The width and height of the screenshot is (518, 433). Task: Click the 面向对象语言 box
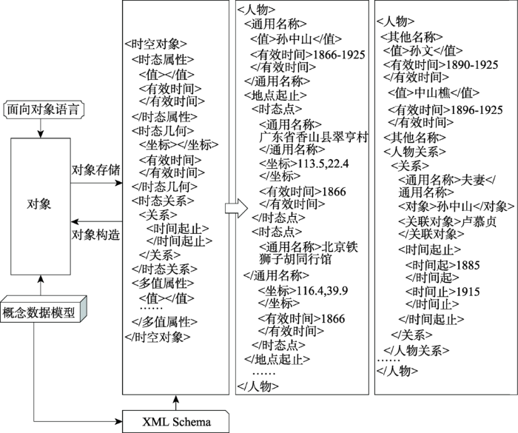(x=44, y=110)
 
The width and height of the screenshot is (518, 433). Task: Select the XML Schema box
(x=176, y=421)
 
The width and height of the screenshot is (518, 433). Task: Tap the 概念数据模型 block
(x=43, y=309)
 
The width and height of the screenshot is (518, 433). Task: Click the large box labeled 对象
(x=41, y=207)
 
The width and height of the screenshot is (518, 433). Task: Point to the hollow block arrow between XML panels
(x=237, y=209)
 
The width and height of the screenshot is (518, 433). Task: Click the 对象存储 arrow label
(x=95, y=170)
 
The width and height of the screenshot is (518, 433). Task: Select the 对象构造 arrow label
(x=95, y=235)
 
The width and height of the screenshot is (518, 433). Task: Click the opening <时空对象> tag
(x=156, y=44)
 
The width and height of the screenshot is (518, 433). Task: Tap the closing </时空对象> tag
(x=158, y=337)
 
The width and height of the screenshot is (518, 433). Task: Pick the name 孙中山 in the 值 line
(x=295, y=39)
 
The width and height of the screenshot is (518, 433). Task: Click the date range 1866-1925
(x=339, y=55)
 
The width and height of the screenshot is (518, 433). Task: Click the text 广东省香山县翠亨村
(x=314, y=137)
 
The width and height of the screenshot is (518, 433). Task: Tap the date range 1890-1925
(x=472, y=65)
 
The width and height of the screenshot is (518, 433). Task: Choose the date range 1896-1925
(x=477, y=110)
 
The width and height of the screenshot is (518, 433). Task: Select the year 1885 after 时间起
(x=468, y=265)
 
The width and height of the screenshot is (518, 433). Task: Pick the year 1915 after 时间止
(x=468, y=292)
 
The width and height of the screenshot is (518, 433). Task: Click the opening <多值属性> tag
(x=163, y=283)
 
